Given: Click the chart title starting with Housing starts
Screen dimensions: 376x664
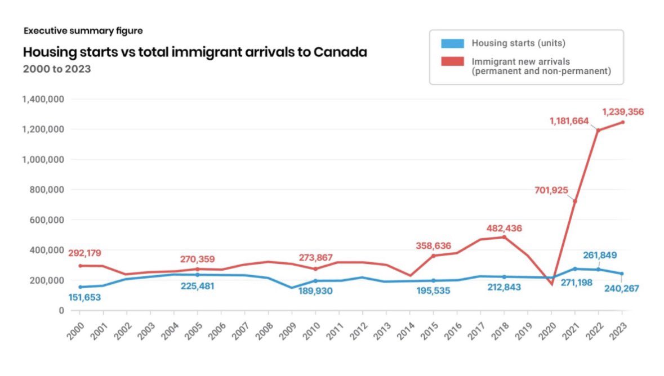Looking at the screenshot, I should [x=195, y=52].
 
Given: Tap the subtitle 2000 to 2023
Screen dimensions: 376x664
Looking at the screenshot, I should [x=57, y=69].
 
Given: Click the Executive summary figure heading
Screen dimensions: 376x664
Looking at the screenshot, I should [x=83, y=31].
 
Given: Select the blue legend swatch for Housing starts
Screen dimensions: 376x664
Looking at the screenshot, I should [x=452, y=43].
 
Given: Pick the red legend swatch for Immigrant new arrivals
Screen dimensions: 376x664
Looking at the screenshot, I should [x=452, y=61].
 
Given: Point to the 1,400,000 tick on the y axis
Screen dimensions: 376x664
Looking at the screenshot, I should [x=43, y=99].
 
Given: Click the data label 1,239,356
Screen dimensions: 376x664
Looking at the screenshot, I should [x=623, y=112].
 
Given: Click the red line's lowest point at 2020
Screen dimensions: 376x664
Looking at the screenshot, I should [x=551, y=284].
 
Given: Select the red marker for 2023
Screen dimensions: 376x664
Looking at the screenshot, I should [x=622, y=122].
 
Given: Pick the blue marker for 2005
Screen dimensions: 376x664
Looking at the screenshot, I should [x=198, y=275].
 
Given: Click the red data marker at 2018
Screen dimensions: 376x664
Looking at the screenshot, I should [x=504, y=237].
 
